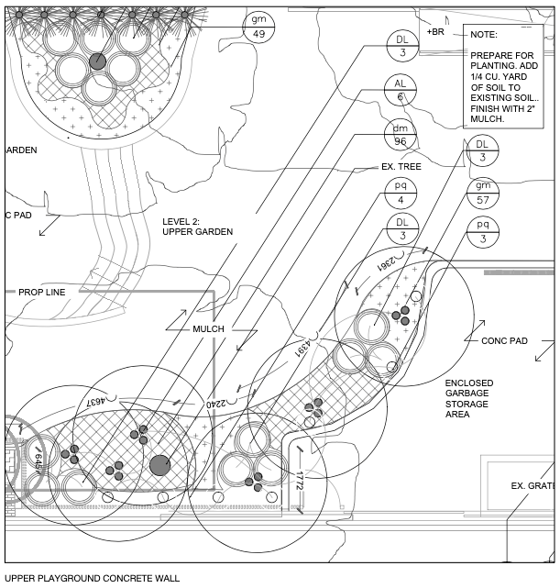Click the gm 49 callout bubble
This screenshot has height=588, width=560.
pyautogui.click(x=258, y=28)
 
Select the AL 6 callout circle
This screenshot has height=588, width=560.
pyautogui.click(x=401, y=89)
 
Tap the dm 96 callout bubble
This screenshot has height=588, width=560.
pyautogui.click(x=401, y=135)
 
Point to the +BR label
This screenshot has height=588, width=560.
pyautogui.click(x=435, y=32)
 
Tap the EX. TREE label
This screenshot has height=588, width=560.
pyautogui.click(x=401, y=168)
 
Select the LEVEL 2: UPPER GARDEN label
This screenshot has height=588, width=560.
pyautogui.click(x=197, y=227)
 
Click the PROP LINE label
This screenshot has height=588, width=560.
pyautogui.click(x=42, y=293)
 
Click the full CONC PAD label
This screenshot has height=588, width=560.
pyautogui.click(x=504, y=340)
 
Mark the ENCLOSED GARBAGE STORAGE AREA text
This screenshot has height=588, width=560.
pyautogui.click(x=469, y=398)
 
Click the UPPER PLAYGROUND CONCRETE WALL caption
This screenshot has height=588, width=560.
pyautogui.click(x=86, y=579)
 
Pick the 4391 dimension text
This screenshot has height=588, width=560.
pyautogui.click(x=301, y=349)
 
